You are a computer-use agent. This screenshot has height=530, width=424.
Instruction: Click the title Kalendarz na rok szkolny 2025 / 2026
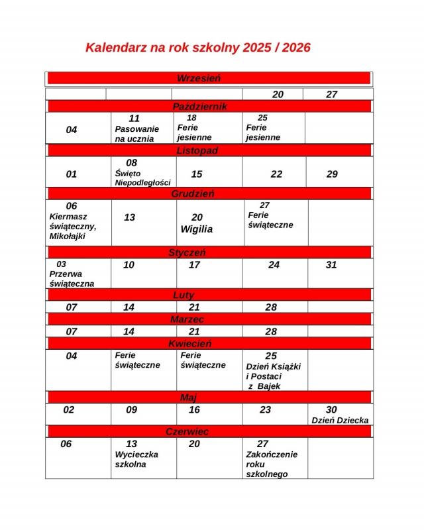197,48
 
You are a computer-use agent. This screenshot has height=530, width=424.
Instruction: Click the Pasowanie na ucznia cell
137,129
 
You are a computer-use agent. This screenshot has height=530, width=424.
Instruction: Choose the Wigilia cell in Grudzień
197,223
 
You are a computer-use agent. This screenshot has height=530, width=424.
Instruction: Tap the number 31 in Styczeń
331,265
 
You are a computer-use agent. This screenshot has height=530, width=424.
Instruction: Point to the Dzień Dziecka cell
340,415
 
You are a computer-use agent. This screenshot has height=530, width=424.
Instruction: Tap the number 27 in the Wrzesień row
332,94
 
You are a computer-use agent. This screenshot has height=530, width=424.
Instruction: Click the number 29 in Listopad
332,174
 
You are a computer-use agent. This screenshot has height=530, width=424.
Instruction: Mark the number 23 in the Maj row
265,410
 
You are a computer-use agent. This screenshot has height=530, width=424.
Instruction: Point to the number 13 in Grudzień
129,217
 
